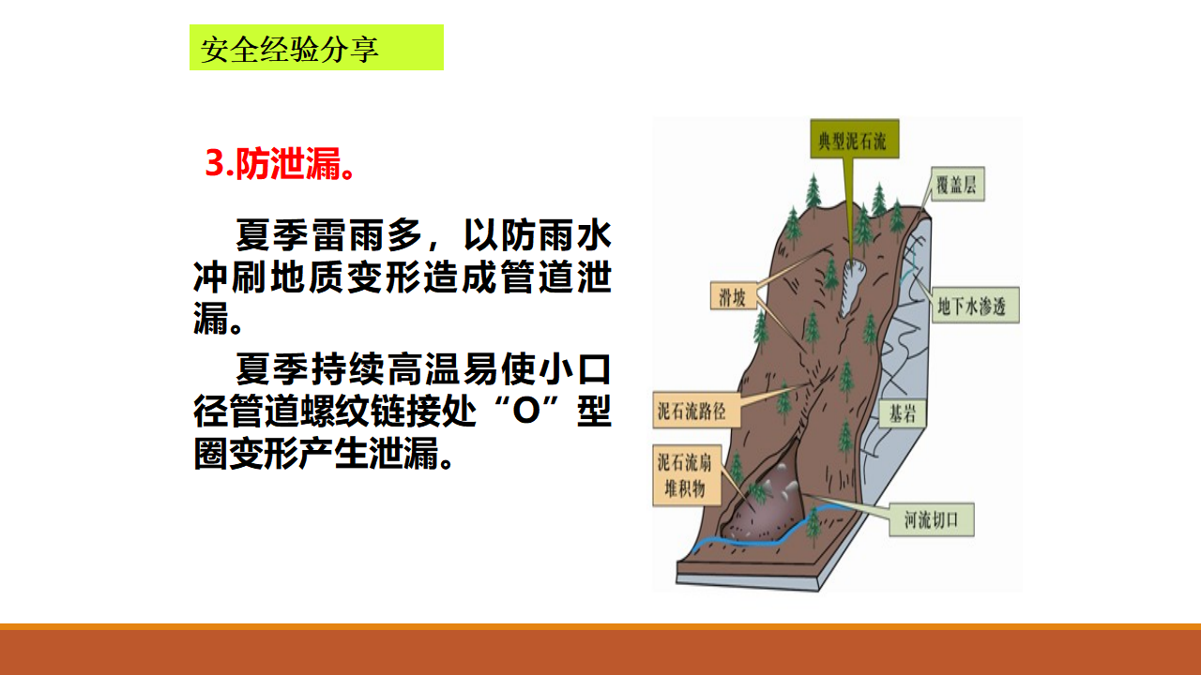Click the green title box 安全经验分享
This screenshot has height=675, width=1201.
coord(316,47)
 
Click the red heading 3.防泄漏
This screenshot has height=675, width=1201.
coord(280,163)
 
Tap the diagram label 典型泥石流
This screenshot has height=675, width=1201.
coord(854,139)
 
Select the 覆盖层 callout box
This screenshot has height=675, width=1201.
coord(958,185)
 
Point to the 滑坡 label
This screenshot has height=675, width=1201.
coord(734,295)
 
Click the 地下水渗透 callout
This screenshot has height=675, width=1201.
coord(976,306)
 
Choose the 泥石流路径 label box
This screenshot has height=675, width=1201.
coord(696,411)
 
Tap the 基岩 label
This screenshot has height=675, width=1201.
coord(903,413)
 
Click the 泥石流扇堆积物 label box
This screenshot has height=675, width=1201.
coord(687,475)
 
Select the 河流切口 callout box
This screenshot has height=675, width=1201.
coord(932,519)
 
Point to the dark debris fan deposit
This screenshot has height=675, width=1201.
coord(764,506)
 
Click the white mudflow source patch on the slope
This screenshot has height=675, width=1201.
coord(851,287)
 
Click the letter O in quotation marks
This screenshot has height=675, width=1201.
coord(526,412)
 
